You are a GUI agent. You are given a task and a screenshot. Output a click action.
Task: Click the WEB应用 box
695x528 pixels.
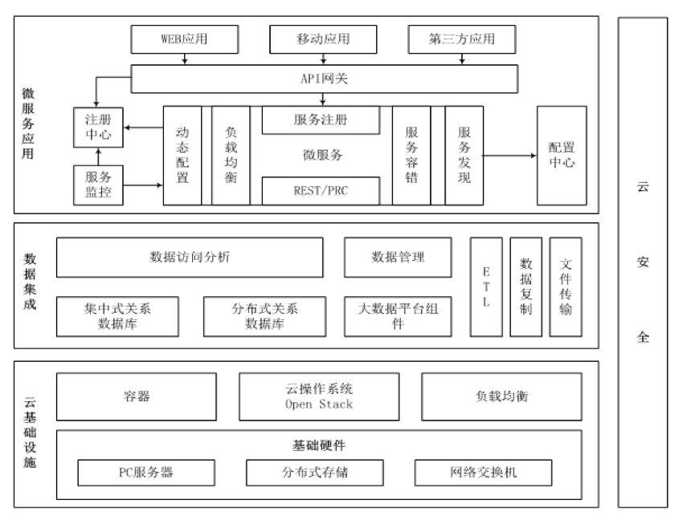185,39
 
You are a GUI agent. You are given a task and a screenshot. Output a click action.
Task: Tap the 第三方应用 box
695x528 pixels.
461,39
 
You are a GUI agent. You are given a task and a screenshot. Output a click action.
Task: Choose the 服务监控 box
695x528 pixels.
98,184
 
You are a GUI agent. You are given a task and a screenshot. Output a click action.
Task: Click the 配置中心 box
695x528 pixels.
562,156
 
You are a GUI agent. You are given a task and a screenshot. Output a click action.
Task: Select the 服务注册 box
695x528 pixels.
321,120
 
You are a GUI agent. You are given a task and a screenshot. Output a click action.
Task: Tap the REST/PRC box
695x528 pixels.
321,190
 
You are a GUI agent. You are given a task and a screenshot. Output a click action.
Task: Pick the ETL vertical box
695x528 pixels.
486,286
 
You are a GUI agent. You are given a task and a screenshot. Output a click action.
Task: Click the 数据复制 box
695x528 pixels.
526,286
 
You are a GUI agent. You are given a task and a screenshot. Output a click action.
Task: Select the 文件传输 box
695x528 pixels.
566,286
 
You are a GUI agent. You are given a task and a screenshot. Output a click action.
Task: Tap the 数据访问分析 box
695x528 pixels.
190,257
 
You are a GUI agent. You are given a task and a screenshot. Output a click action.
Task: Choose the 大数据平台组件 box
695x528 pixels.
396,315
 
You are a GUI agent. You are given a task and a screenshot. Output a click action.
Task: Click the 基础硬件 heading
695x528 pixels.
319,444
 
